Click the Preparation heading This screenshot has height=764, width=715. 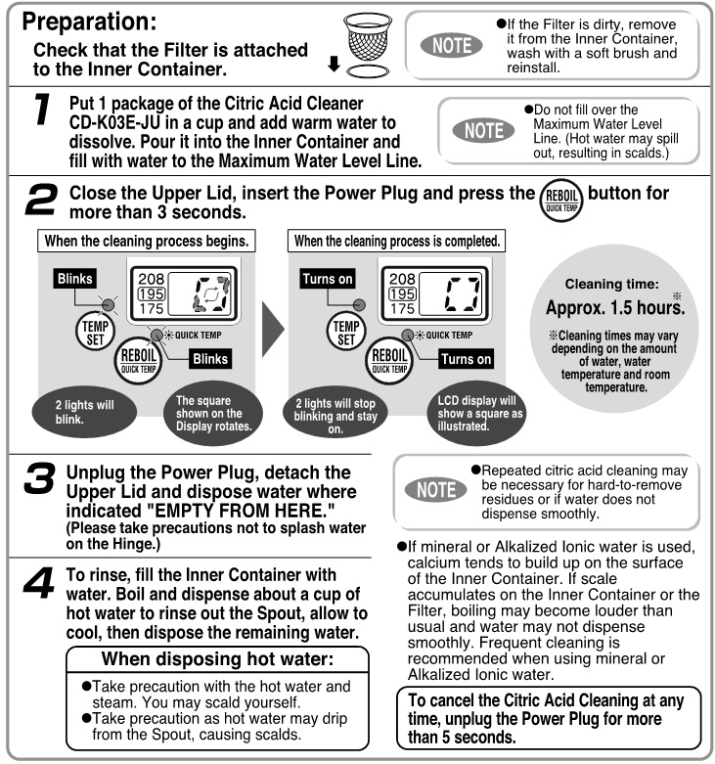point(97,21)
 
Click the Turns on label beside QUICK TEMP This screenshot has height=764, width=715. point(466,359)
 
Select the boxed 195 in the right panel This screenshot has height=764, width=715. point(400,292)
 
